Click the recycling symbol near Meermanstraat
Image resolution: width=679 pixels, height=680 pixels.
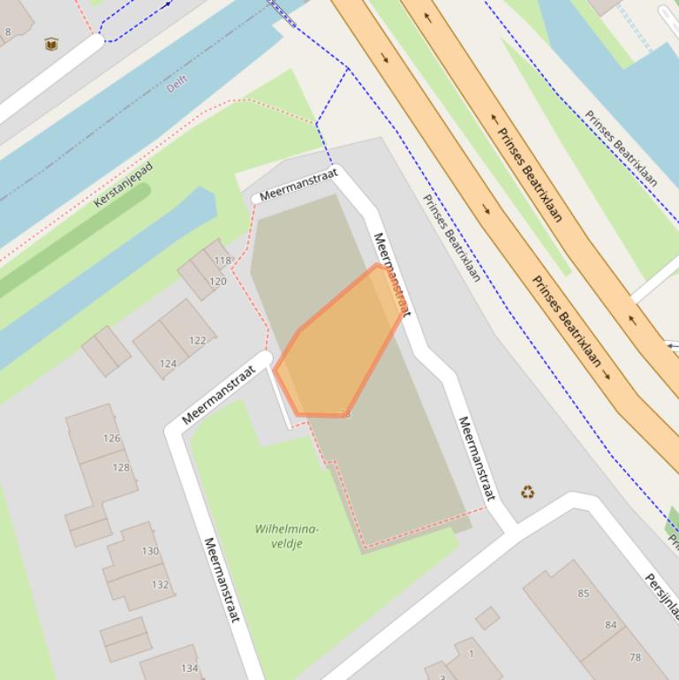527,492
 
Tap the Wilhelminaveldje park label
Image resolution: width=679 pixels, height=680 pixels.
287,536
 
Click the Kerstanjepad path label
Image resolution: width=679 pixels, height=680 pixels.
123,185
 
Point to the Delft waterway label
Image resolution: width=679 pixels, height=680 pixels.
177,84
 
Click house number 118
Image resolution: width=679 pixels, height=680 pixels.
222,261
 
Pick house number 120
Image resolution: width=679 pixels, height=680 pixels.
217,282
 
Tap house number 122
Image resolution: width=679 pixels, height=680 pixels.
197,340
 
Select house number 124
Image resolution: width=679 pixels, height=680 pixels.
168,363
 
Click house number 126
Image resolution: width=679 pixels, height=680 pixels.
111,438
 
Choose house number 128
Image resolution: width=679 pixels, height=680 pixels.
121,467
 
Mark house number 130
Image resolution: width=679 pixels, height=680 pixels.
150,551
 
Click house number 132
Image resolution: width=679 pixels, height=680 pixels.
160,584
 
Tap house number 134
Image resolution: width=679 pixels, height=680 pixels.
190,669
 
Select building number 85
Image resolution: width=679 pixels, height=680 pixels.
583,593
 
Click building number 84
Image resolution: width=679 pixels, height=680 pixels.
610,624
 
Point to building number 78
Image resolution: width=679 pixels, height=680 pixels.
635,657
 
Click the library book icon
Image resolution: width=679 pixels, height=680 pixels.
51,44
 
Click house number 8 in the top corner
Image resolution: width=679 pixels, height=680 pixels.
8,32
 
